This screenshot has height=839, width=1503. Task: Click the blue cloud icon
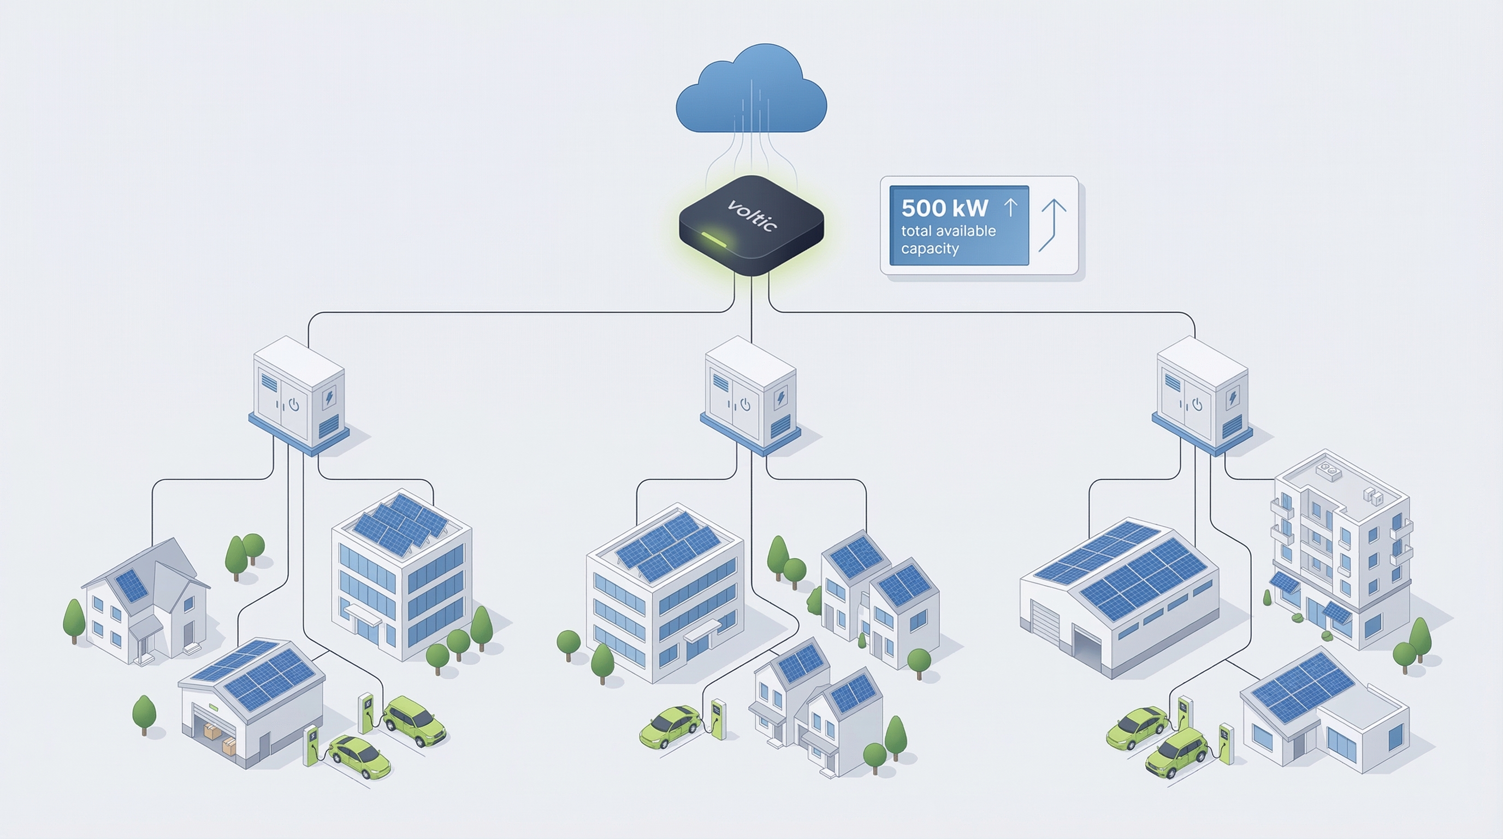pos(751,91)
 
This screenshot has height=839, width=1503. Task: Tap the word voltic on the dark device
pos(753,215)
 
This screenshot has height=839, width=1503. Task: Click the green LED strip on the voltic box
pos(713,239)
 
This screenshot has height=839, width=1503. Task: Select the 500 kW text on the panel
pos(944,208)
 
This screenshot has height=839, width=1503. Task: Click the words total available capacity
pos(948,239)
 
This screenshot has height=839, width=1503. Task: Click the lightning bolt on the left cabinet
pos(330,397)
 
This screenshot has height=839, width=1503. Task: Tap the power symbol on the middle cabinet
pos(745,404)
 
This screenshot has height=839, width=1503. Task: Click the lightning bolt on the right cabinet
pos(1233,397)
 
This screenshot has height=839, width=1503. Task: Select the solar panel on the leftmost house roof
pos(131,585)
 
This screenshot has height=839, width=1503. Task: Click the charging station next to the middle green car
pos(719,719)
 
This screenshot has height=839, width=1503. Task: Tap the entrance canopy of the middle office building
pos(702,630)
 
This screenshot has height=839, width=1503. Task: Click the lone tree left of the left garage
pos(144,713)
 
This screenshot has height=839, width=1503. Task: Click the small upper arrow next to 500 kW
pos(1010,206)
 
